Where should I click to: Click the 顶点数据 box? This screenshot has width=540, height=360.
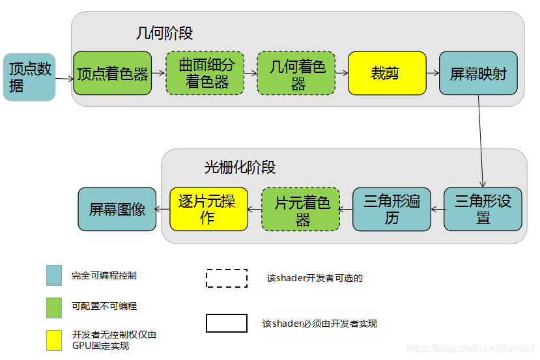click(29, 77)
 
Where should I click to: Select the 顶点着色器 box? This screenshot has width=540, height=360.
click(112, 74)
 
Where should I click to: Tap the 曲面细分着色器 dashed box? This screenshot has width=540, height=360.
click(205, 73)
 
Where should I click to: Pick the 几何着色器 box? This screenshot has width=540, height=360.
click(296, 74)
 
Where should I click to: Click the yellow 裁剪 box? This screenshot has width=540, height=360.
click(387, 74)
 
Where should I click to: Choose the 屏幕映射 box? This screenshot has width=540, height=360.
click(478, 74)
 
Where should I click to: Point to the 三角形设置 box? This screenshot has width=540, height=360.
click(483, 209)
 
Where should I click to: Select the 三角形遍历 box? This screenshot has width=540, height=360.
click(391, 209)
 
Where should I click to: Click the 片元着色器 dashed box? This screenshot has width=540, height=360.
click(300, 209)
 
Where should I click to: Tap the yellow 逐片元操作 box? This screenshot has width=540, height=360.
click(208, 209)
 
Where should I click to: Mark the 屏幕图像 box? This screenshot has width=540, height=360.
click(117, 209)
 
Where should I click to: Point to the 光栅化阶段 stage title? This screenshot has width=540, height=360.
click(240, 167)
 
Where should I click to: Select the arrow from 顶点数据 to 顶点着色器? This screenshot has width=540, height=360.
click(64, 79)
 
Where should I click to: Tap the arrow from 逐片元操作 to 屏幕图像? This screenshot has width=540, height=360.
click(163, 209)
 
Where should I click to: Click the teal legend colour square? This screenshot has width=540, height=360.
click(54, 275)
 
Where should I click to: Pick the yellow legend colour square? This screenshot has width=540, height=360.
click(54, 340)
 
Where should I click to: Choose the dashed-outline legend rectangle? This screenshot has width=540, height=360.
click(227, 278)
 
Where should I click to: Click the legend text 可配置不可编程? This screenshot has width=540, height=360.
click(104, 306)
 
